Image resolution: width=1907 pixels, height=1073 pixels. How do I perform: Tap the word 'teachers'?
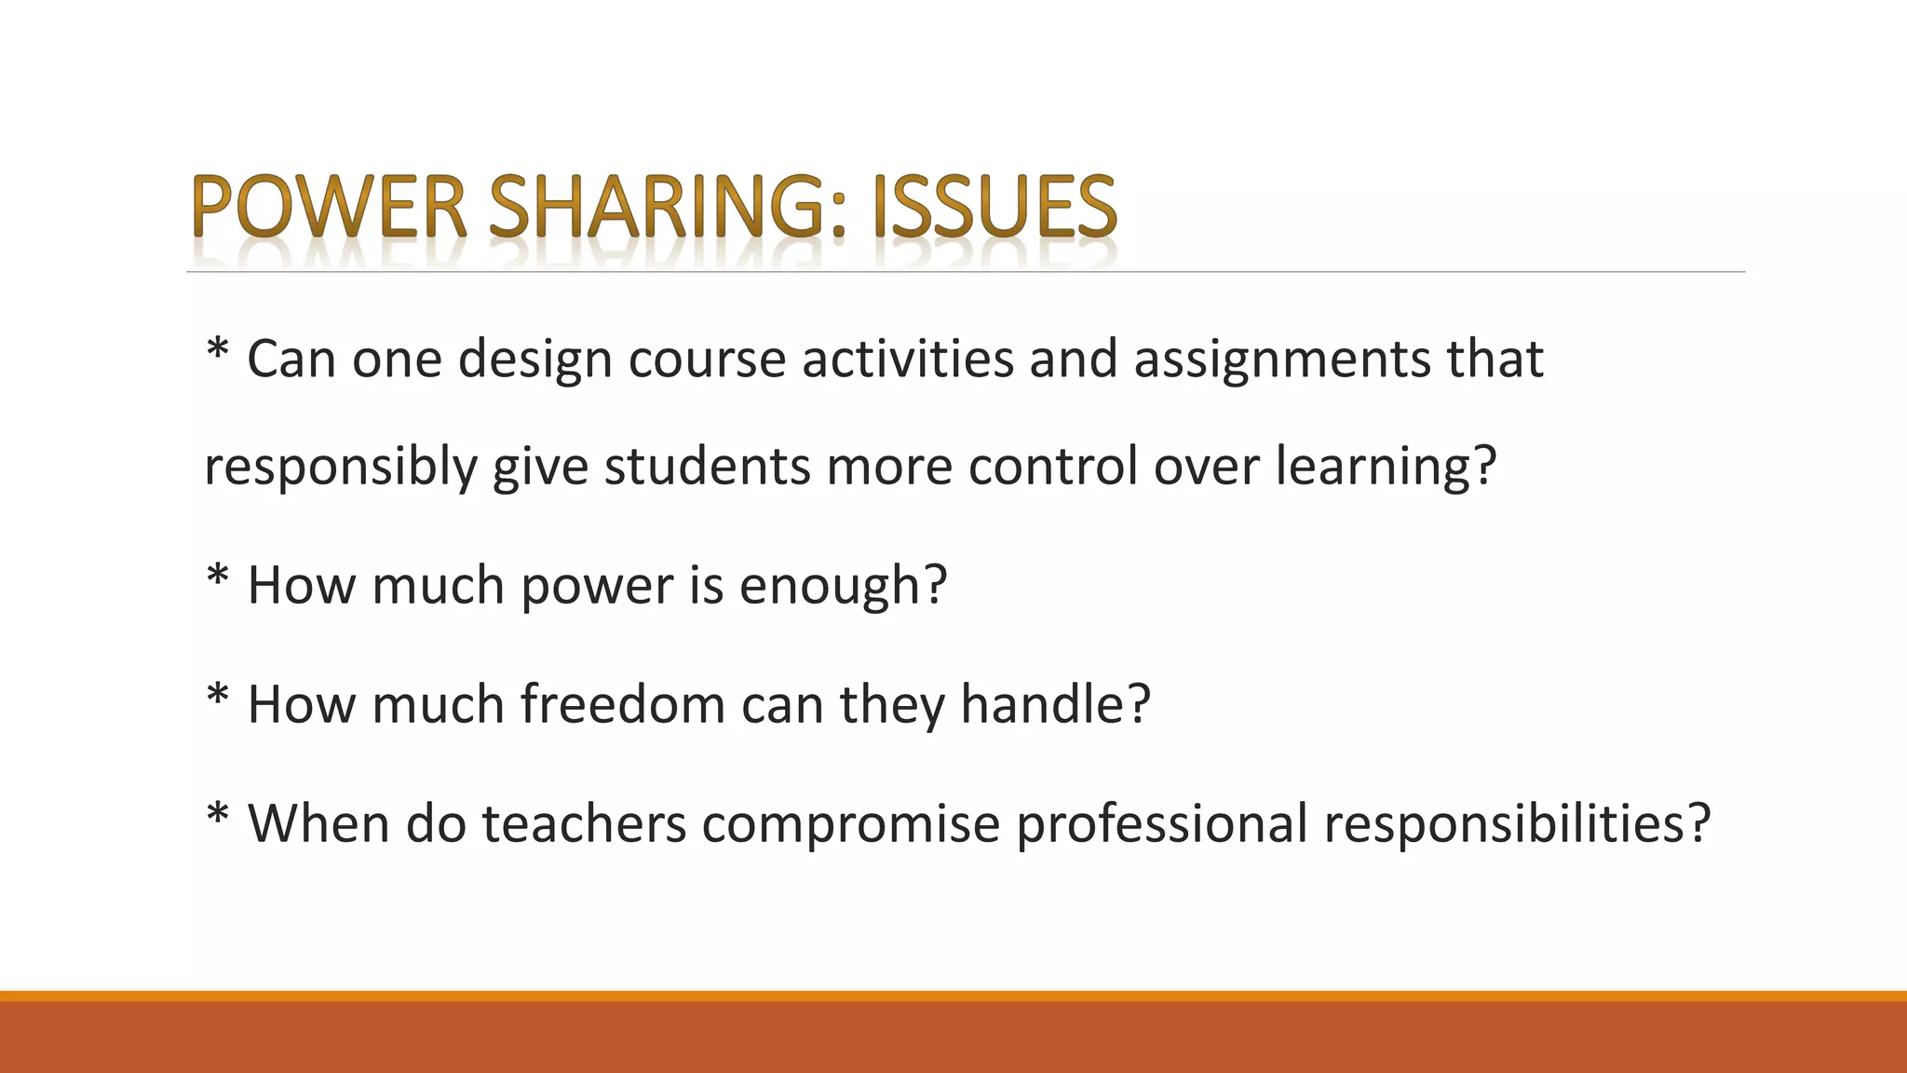[584, 824]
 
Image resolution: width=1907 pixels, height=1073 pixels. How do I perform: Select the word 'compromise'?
[850, 826]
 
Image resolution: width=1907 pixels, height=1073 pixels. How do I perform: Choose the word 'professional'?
[1162, 826]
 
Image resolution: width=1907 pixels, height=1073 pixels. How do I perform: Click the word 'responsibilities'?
[1506, 826]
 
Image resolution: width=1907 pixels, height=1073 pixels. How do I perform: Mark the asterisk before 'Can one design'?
[217, 352]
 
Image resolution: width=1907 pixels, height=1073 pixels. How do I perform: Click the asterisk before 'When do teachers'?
[217, 817]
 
